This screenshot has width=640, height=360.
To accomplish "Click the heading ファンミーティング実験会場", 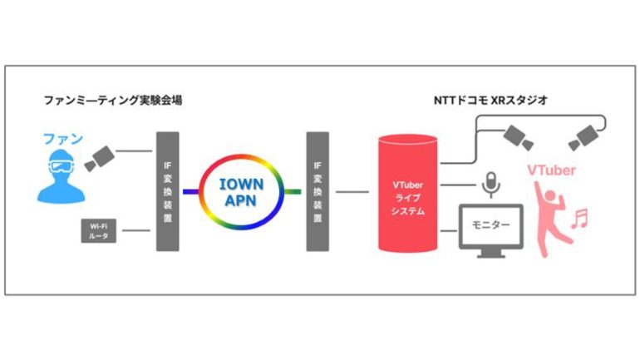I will pyautogui.click(x=113, y=101).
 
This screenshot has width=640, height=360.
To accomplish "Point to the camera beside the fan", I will pyautogui.click(x=101, y=155).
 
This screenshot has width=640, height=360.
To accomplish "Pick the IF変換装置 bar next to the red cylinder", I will pyautogui.click(x=318, y=190).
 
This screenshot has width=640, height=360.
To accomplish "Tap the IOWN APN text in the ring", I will pyautogui.click(x=240, y=190).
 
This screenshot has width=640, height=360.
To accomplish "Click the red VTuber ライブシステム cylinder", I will pyautogui.click(x=408, y=193).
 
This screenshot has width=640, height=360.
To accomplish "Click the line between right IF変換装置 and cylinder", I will pyautogui.click(x=352, y=191).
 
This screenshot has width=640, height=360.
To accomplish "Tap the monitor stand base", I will pyautogui.click(x=491, y=254).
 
